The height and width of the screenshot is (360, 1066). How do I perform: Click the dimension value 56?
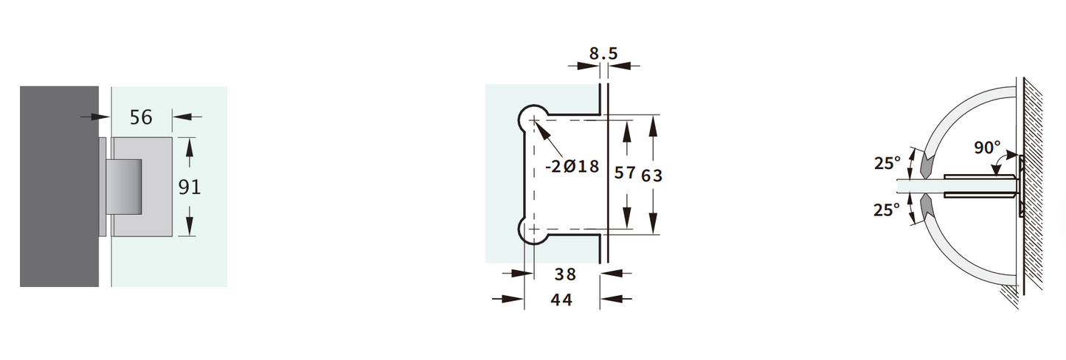click(140, 117)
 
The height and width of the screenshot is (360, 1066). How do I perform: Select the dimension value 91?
click(190, 187)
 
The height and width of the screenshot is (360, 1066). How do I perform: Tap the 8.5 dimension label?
click(603, 53)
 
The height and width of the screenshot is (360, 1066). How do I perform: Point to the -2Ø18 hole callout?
click(571, 166)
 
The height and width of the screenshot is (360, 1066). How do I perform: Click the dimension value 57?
click(626, 173)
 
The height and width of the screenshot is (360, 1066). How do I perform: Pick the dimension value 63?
click(652, 175)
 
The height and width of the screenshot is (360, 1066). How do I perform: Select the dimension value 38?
click(565, 274)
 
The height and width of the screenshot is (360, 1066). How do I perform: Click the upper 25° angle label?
click(887, 164)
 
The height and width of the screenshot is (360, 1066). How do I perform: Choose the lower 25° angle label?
click(887, 210)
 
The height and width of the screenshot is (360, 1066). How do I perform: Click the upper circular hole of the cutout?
click(531, 119)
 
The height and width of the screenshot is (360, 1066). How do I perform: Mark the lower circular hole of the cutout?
click(531, 230)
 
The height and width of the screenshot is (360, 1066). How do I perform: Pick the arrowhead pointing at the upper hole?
click(540, 128)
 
